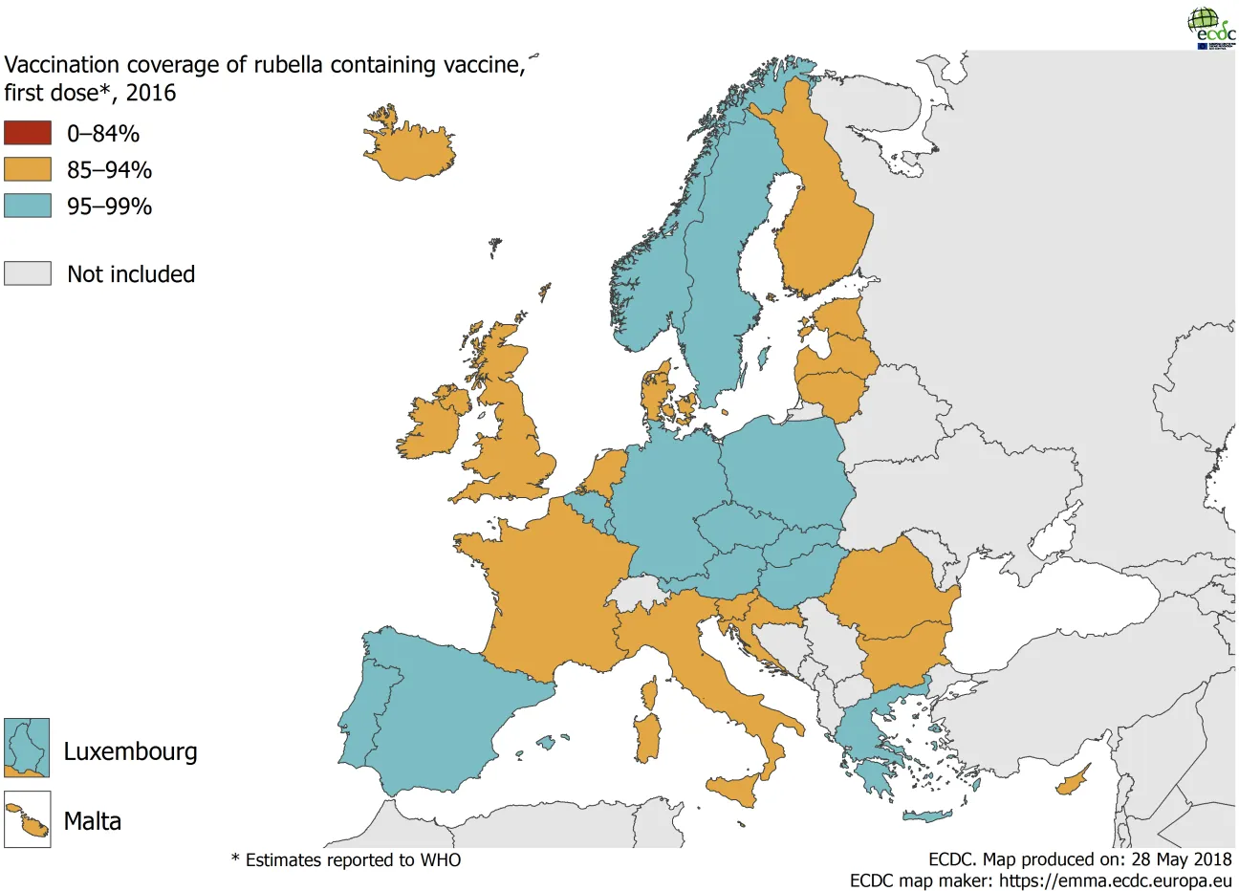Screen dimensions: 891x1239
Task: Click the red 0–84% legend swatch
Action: click(28, 133)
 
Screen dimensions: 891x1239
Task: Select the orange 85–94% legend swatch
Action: click(28, 169)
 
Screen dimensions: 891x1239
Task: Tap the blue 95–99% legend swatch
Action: click(28, 206)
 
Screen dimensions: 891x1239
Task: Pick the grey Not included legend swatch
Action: click(28, 273)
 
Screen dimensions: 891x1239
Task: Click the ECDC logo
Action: click(1210, 28)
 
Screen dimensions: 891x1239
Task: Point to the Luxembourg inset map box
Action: click(27, 748)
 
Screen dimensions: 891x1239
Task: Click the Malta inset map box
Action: click(27, 819)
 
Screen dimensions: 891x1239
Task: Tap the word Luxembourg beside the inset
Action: click(130, 751)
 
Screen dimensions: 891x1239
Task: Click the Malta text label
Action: click(93, 821)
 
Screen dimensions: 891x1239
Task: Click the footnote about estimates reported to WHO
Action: click(346, 860)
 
